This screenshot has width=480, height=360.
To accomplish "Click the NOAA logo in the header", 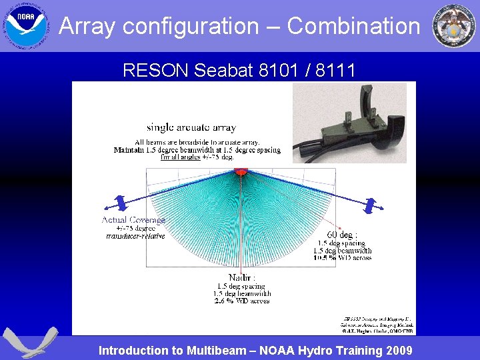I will click(x=26, y=25).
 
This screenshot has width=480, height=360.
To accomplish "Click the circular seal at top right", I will click(x=454, y=25).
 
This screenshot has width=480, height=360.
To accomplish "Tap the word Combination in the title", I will click(x=354, y=27).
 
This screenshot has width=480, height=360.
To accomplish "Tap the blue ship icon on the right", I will click(x=369, y=206).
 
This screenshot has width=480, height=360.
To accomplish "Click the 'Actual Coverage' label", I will click(x=133, y=220).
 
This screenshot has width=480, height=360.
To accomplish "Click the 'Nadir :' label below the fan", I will click(x=241, y=277).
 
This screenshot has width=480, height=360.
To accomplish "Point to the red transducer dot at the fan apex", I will click(x=241, y=172).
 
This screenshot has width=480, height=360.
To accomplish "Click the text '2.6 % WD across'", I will click(x=241, y=301).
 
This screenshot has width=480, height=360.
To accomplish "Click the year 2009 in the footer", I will click(x=397, y=351).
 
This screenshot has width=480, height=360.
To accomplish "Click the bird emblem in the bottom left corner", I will click(x=26, y=343).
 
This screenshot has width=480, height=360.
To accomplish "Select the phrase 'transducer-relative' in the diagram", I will click(x=136, y=236).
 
